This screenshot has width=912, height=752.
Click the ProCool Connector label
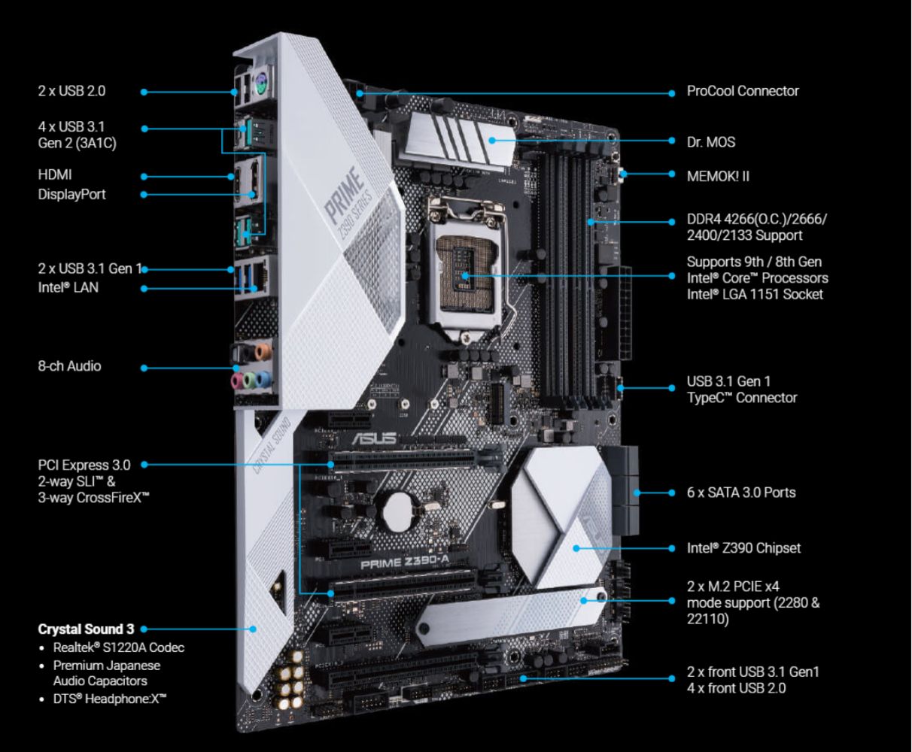pos(743,91)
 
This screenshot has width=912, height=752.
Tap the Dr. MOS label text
pos(710,142)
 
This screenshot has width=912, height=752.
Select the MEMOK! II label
pos(718,176)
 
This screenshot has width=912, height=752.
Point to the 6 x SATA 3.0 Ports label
pos(740,493)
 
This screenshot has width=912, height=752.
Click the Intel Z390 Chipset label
pos(743,548)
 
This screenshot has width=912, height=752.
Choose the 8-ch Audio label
pos(69,366)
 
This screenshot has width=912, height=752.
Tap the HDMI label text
pos(55,175)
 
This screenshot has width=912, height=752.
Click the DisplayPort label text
pos(71,195)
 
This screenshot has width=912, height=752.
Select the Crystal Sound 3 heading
pos(86,629)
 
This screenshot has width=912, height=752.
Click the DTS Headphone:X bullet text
pos(110,699)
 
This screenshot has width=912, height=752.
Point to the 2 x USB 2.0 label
pos(71,91)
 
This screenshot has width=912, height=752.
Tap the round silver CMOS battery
pos(397,511)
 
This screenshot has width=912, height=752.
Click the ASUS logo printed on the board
pos(374,438)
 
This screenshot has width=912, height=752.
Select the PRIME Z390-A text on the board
pos(405,562)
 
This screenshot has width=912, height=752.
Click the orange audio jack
pos(263,351)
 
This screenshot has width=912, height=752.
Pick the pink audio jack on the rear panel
pos(237,381)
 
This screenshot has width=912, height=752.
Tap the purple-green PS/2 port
pos(261,82)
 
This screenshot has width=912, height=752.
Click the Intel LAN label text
pos(68,287)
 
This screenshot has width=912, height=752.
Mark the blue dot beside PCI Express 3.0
pos(144,465)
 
